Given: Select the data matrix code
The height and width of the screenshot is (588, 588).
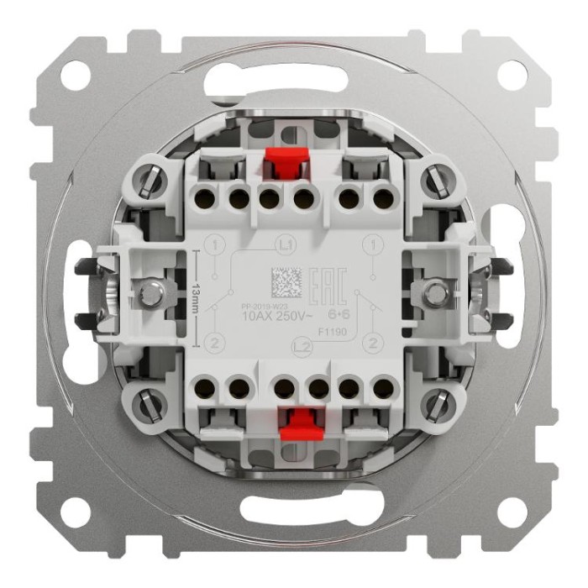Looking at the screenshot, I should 286,282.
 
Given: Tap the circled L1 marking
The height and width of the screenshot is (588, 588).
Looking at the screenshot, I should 285,244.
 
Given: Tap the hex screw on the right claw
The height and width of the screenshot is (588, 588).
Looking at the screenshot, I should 436,293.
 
